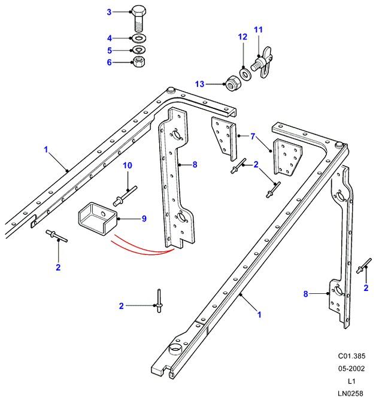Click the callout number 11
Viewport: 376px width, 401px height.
coord(258,29)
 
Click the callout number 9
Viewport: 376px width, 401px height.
coord(144,218)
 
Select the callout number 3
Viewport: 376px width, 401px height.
coord(109,12)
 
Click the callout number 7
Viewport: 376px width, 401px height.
coord(253,137)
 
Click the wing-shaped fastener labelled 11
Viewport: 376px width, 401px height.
coord(261,61)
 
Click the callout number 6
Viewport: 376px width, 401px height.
coord(109,62)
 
